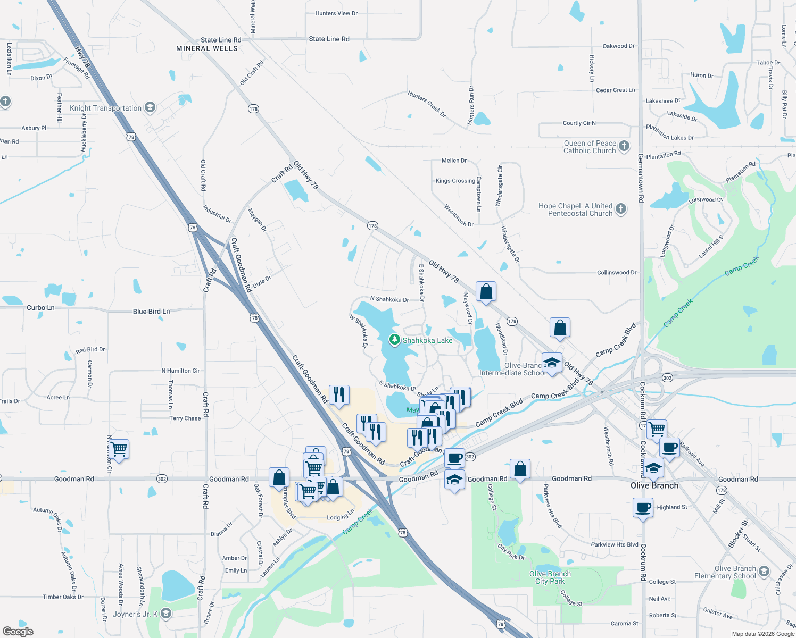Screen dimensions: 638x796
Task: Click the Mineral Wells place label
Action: click(x=207, y=48)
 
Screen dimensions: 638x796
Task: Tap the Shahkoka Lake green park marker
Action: click(x=394, y=340)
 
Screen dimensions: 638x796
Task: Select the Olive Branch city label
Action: click(x=654, y=485)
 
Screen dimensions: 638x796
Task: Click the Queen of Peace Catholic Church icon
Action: click(x=624, y=146)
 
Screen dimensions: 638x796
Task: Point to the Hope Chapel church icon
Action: click(x=621, y=209)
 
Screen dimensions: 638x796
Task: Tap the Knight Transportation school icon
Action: click(x=150, y=108)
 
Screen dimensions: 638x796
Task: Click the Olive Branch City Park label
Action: click(x=550, y=577)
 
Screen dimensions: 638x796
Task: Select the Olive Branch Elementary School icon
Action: click(x=764, y=572)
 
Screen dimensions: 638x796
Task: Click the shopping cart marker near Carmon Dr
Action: click(x=119, y=449)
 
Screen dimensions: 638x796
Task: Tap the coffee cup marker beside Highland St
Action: click(x=643, y=507)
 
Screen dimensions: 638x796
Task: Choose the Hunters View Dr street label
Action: click(x=336, y=13)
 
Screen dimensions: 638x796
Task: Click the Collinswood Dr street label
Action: click(x=617, y=273)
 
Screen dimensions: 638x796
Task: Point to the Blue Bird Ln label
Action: click(x=151, y=312)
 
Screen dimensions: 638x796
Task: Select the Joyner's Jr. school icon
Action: click(x=166, y=614)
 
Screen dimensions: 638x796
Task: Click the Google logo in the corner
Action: click(x=18, y=631)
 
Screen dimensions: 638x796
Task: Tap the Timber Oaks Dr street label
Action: click(x=63, y=597)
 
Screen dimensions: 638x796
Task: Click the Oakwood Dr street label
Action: click(x=618, y=46)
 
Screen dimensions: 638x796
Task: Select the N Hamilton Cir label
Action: click(x=180, y=371)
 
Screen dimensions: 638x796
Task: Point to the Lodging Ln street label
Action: click(x=341, y=517)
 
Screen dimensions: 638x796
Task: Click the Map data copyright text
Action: click(x=763, y=634)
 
